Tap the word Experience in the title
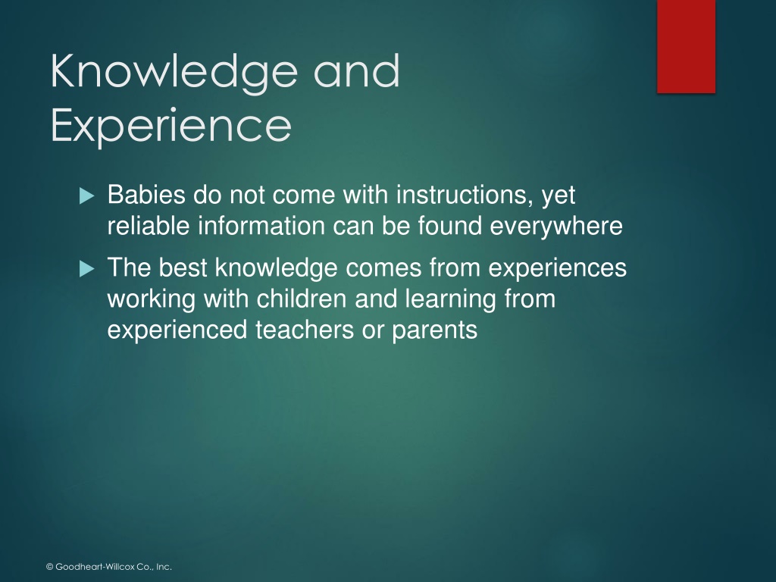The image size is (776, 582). [171, 127]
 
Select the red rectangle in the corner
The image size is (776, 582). [686, 46]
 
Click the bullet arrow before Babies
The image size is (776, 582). [86, 196]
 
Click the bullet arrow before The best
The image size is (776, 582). [86, 269]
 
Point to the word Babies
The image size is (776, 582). [146, 194]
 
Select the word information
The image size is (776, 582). [261, 226]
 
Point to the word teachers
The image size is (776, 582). [305, 330]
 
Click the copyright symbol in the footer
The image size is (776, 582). [49, 567]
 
